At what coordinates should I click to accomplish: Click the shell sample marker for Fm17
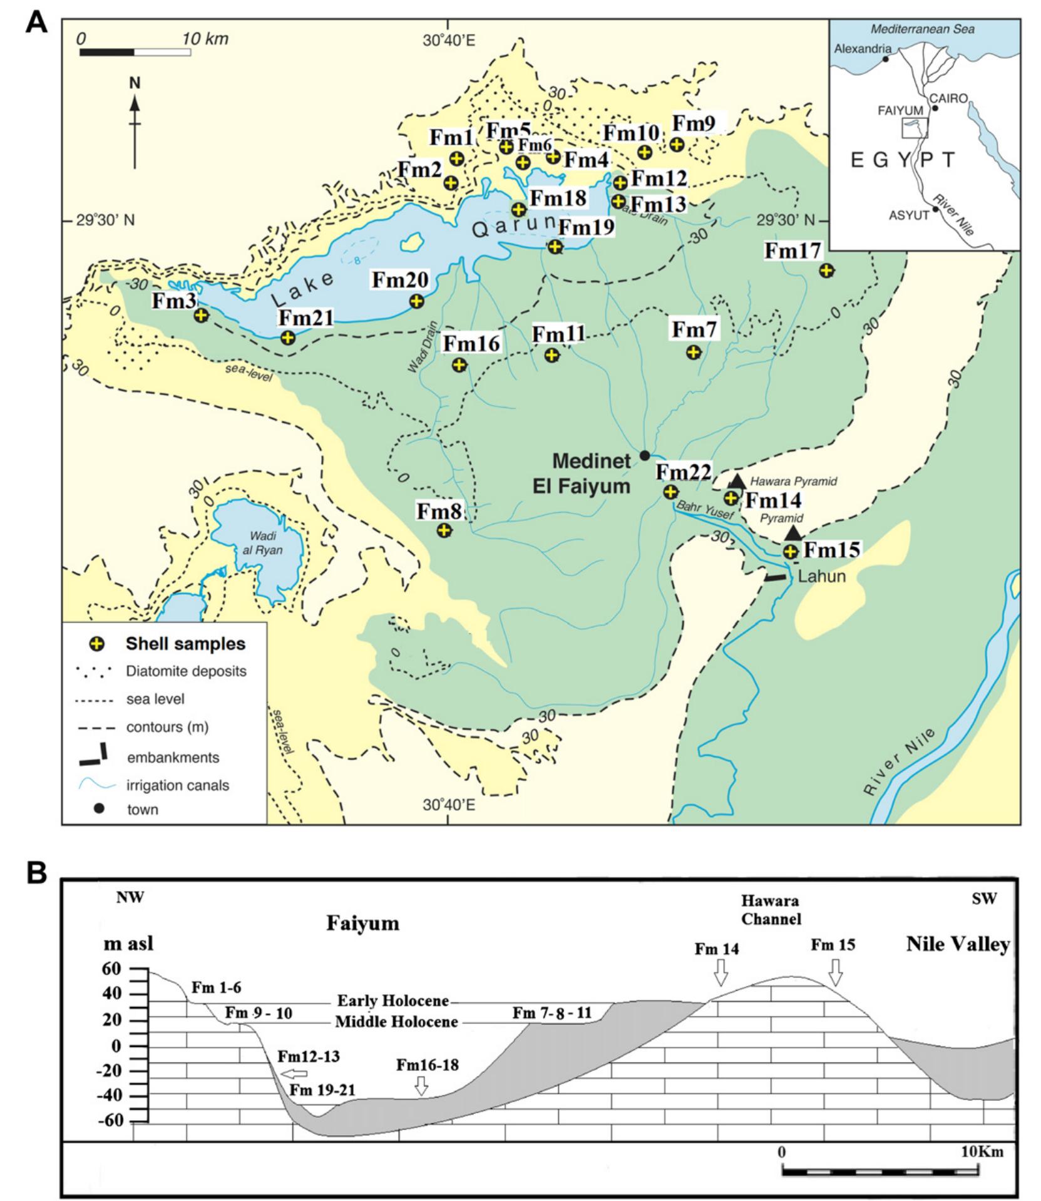(x=826, y=271)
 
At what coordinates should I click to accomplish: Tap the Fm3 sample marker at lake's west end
(x=200, y=315)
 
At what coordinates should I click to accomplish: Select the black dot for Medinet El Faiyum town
(x=644, y=455)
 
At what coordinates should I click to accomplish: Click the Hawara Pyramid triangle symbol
(x=737, y=481)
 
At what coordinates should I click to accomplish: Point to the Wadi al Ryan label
(x=266, y=543)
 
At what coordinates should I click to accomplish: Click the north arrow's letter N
(x=135, y=83)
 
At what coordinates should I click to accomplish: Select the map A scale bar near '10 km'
(x=135, y=51)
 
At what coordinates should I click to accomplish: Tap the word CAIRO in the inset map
(x=949, y=99)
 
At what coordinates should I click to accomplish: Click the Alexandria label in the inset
(x=863, y=49)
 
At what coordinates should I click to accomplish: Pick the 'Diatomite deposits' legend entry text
(x=186, y=671)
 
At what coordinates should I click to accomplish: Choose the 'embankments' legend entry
(x=173, y=758)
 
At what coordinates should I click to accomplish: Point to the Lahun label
(x=822, y=576)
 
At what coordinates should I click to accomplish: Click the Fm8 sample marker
(x=444, y=530)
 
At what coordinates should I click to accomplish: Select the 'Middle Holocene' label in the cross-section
(x=397, y=1022)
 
